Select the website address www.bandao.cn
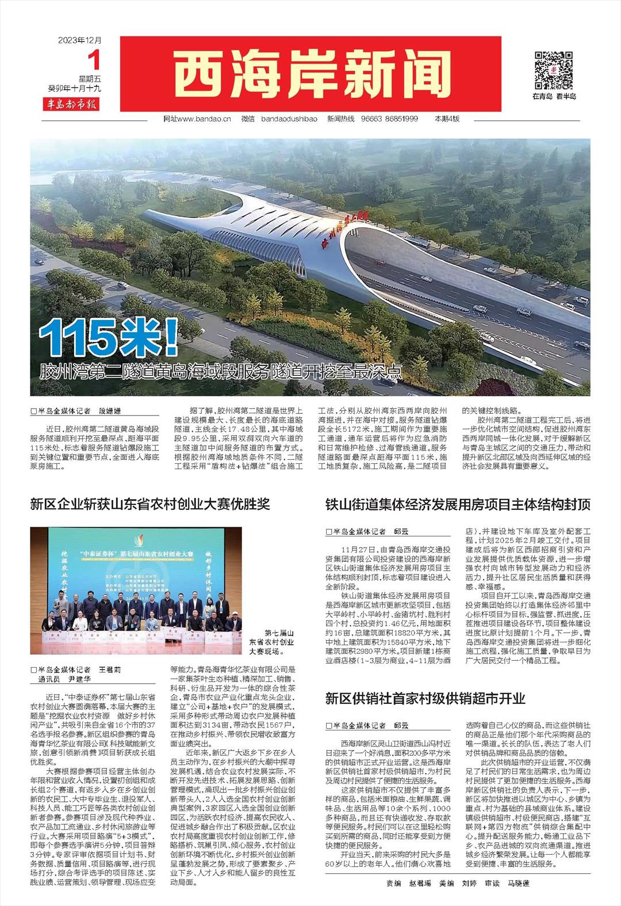tap(205, 119)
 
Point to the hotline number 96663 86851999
tap(397, 119)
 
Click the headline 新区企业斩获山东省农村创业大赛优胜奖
tap(150, 505)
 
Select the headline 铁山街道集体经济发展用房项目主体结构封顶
tap(458, 505)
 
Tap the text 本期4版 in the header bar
tap(447, 119)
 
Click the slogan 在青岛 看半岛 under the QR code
tap(554, 96)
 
